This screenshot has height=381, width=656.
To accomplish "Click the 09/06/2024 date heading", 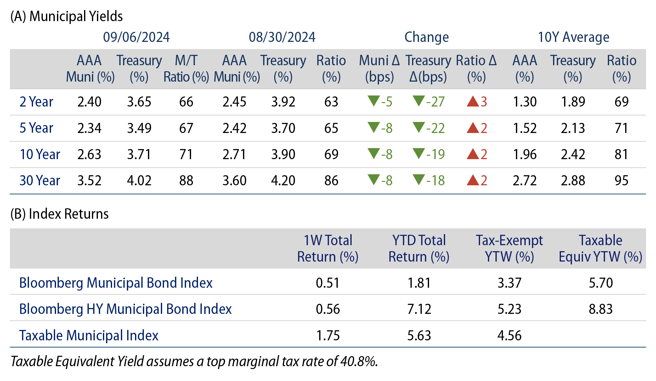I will (x=136, y=37).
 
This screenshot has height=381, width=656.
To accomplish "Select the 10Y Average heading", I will (x=573, y=37).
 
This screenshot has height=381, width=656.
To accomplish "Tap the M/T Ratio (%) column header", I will (x=186, y=69).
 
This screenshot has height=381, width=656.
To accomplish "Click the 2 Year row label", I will (x=36, y=102).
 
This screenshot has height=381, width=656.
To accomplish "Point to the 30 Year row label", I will (x=40, y=181).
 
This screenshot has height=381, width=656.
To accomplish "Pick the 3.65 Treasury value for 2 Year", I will (x=139, y=102).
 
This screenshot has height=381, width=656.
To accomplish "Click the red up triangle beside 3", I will (x=472, y=101).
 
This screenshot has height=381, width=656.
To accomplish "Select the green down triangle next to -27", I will (x=419, y=101).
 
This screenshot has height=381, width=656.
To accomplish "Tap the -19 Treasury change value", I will (x=435, y=154).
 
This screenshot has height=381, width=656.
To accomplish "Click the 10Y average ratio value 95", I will (x=621, y=181).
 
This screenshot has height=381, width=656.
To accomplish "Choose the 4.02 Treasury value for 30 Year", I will (x=139, y=181).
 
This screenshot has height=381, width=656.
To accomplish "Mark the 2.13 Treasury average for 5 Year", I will (x=573, y=128).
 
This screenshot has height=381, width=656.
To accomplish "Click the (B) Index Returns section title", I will (x=59, y=214).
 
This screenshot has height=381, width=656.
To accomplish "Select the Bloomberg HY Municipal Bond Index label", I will (x=125, y=309).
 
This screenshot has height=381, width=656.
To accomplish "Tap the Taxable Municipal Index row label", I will (x=89, y=336).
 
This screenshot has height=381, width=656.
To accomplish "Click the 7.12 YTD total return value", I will (x=419, y=309).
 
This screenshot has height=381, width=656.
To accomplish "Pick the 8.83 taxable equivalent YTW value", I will (x=600, y=309).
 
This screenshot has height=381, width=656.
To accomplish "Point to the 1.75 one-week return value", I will (x=328, y=336).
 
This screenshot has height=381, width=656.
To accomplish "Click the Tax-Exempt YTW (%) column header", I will (x=509, y=249).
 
